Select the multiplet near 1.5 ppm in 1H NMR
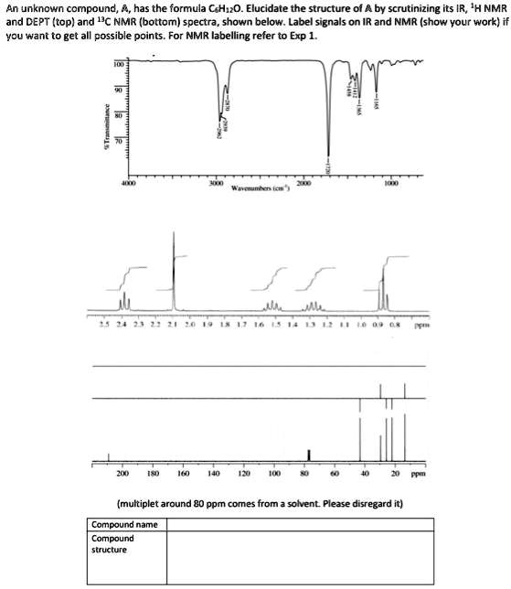(272, 304)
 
